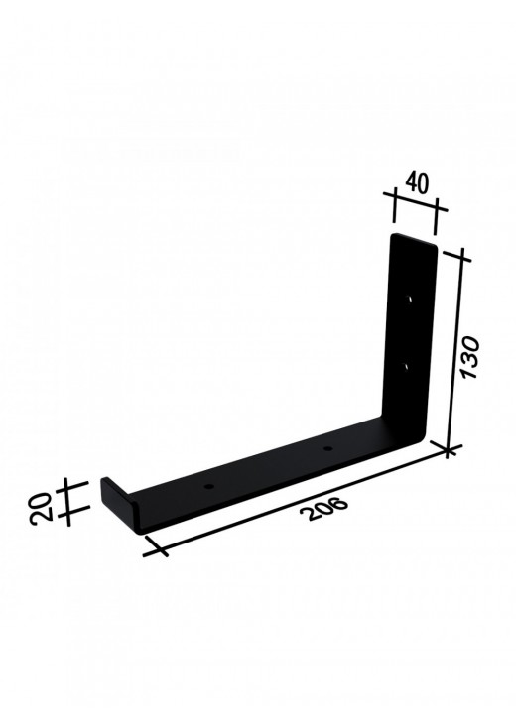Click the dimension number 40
(417, 182)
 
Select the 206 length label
(323, 509)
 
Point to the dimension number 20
(41, 509)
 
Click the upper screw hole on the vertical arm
(409, 299)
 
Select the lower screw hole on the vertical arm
(407, 367)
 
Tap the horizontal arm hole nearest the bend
(328, 448)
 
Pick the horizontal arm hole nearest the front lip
(209, 487)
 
